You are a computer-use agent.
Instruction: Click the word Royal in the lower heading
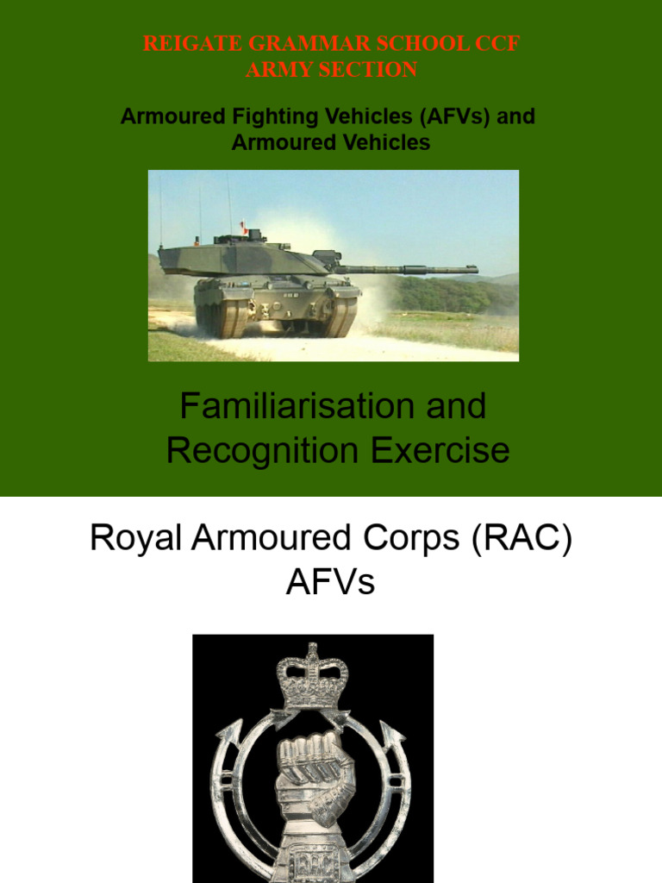coord(130,541)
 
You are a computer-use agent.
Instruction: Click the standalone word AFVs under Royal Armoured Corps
coord(331,583)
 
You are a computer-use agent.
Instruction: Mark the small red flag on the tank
coord(244,227)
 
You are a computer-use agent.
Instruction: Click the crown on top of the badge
coord(312,676)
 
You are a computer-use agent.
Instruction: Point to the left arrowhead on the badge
coord(228,734)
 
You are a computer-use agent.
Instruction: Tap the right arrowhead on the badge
coord(396,735)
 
